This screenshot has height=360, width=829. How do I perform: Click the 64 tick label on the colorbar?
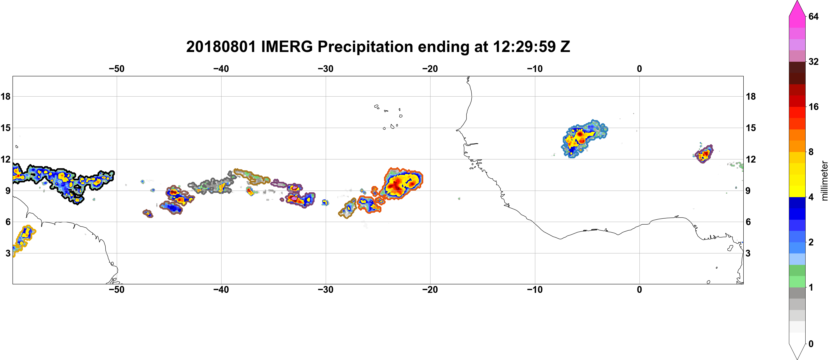point(814,16)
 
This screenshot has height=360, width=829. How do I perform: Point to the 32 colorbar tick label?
point(814,61)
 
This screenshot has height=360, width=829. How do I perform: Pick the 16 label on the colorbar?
point(814,107)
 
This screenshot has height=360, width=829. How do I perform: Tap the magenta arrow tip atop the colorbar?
point(797,1)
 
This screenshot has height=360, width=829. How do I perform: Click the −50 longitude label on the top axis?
point(116,69)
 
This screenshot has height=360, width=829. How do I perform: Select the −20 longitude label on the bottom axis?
point(430,289)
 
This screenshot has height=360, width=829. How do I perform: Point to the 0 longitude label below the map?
point(639,289)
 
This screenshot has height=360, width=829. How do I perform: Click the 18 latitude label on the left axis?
point(5,96)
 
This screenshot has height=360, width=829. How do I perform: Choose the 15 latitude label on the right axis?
point(751,128)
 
